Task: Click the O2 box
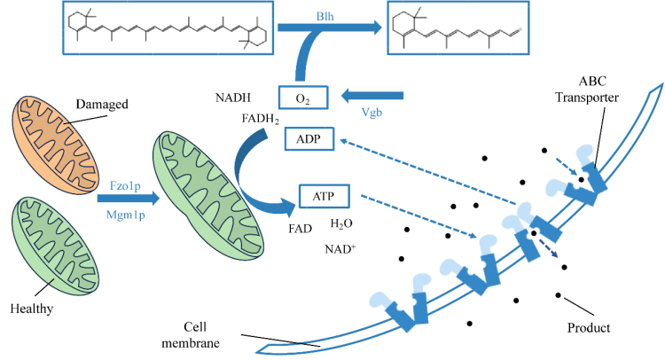pyautogui.click(x=304, y=95)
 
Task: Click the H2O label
pyautogui.click(x=341, y=223)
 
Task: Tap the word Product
pyautogui.click(x=588, y=327)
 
